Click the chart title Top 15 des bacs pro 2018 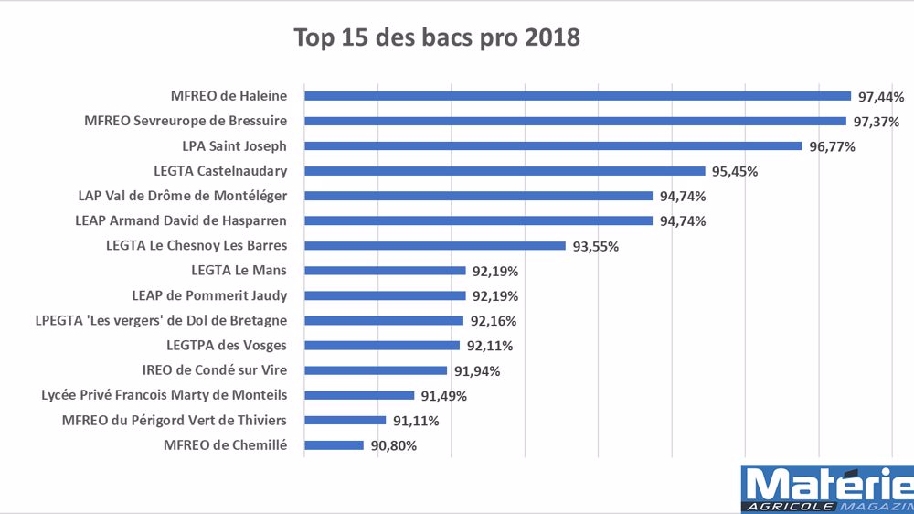(x=436, y=38)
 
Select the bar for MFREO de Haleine (x=578, y=96)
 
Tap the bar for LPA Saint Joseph (x=553, y=145)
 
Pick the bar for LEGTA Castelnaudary (x=505, y=171)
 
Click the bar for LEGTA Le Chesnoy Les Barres (x=435, y=245)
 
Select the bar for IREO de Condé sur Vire (x=376, y=370)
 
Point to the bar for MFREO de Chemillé (x=334, y=445)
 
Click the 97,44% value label (x=881, y=96)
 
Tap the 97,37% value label (x=875, y=122)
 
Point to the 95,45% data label (x=734, y=171)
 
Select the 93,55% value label (x=595, y=246)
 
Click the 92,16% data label (x=492, y=321)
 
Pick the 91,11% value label (x=416, y=421)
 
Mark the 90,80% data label (x=394, y=446)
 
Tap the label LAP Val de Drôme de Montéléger (x=183, y=196)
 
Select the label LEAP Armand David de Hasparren (x=181, y=220)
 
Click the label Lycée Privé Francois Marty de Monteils (x=165, y=395)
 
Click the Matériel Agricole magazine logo (x=827, y=489)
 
